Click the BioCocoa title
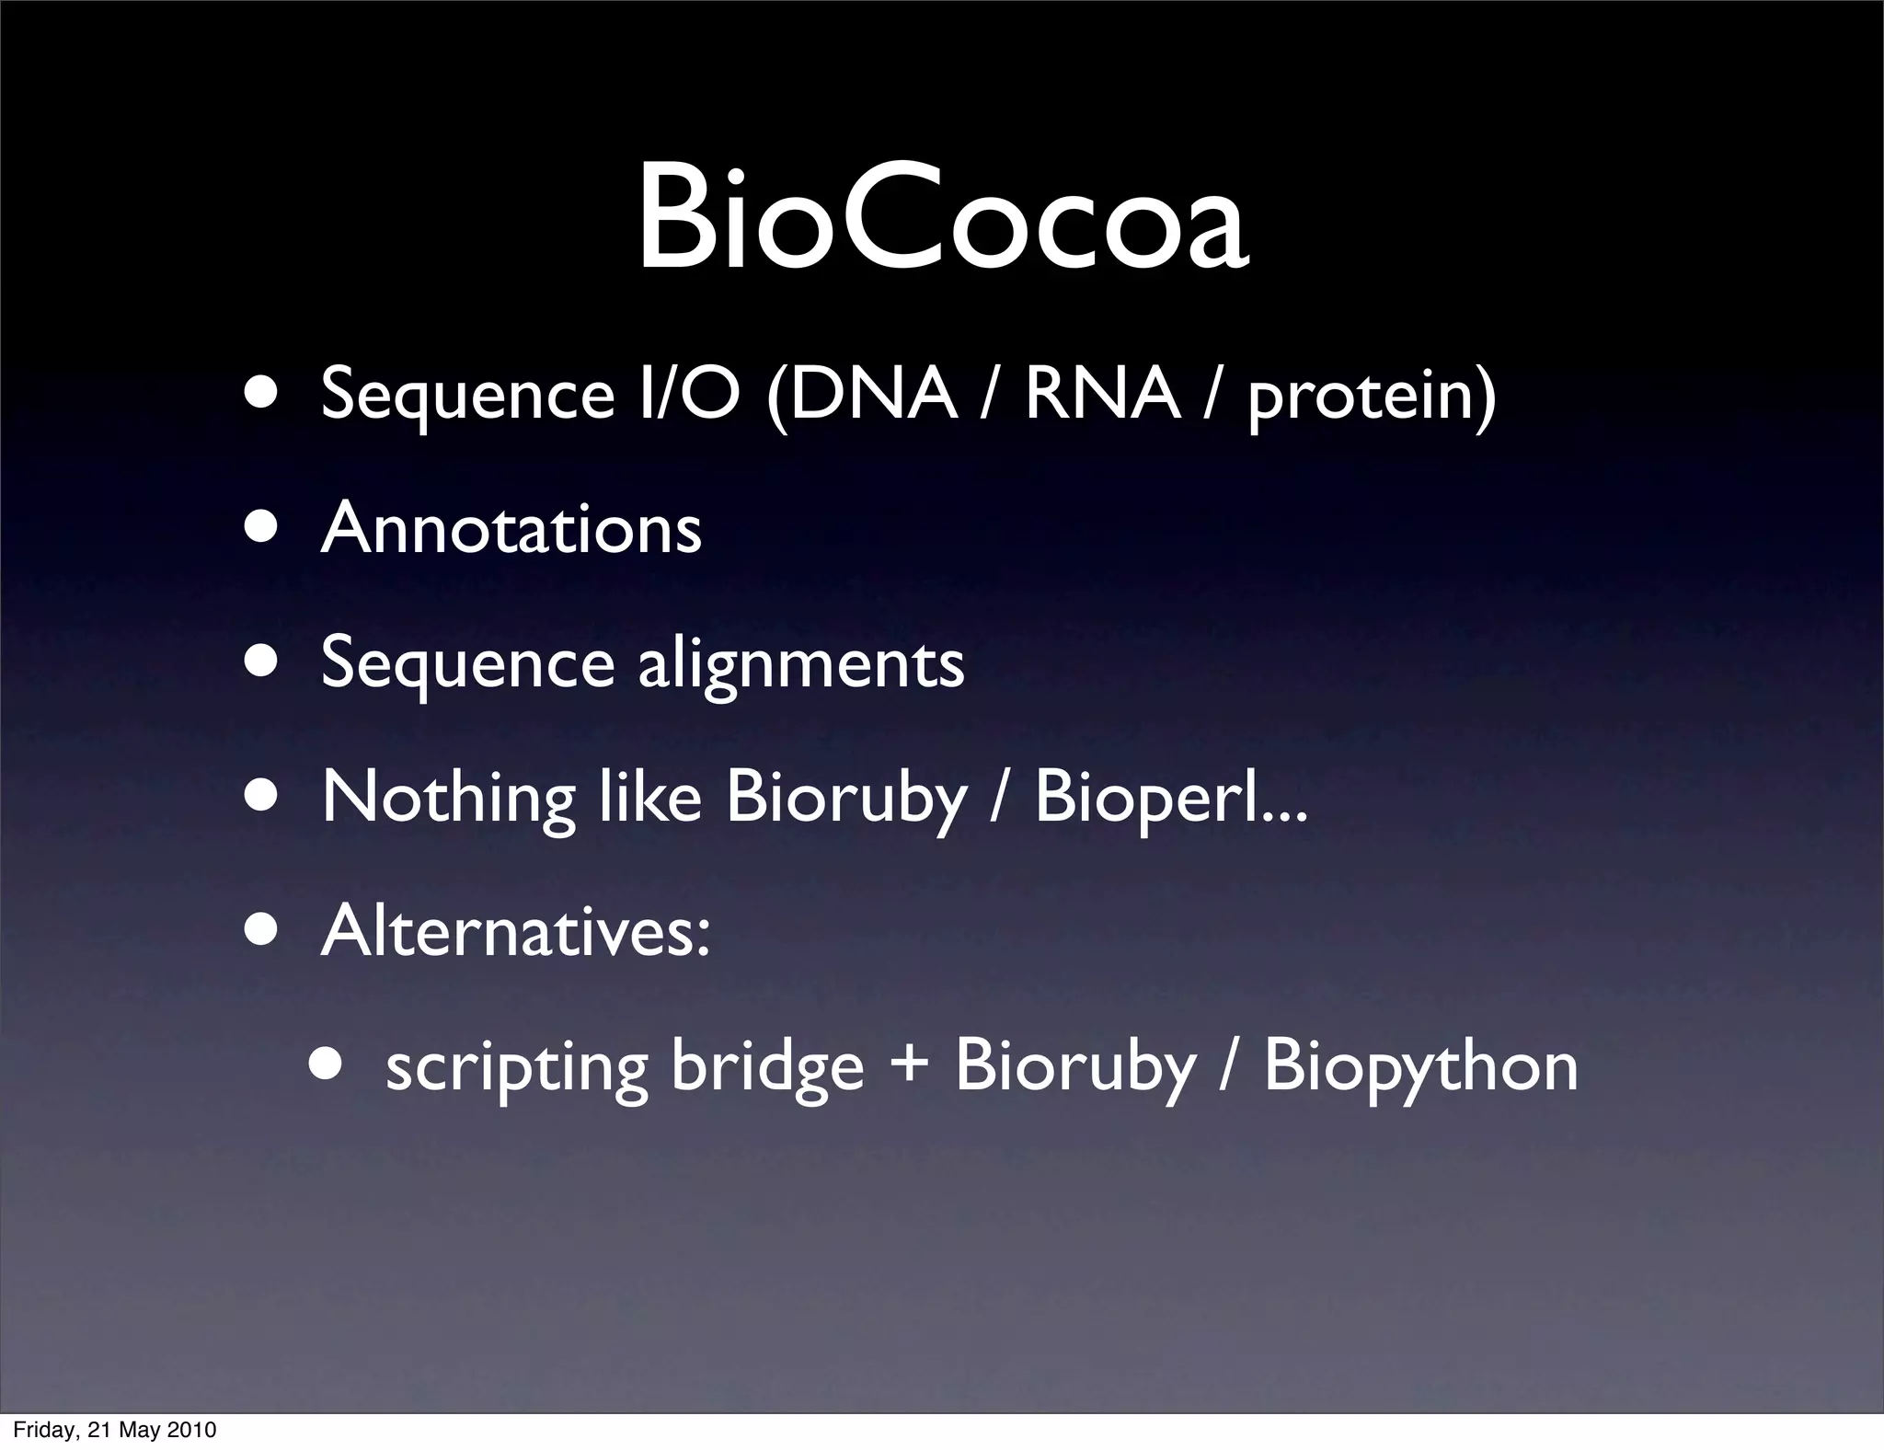click(942, 219)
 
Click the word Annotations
click(511, 529)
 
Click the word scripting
click(516, 1067)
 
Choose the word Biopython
click(1420, 1067)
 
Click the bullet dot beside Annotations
click(261, 529)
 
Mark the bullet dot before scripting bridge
click(326, 1064)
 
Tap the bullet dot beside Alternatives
click(261, 929)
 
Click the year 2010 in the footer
click(194, 1431)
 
